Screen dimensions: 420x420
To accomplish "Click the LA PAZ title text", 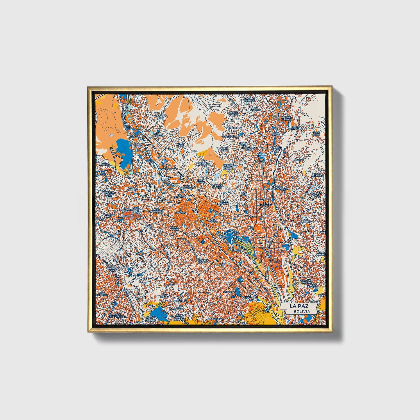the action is click(x=299, y=306).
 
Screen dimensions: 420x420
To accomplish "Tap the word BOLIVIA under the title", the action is click(x=301, y=311).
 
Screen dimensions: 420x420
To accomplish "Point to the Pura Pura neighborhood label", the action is click(x=139, y=145).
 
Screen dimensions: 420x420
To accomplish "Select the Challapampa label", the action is click(x=169, y=169).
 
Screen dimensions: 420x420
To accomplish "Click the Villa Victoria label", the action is click(x=133, y=189).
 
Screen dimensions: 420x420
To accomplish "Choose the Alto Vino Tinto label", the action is click(x=161, y=117).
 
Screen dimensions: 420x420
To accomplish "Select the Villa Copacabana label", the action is click(x=280, y=187).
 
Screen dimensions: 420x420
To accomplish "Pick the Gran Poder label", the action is click(x=174, y=228).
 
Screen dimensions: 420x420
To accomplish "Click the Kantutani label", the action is click(x=249, y=297).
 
